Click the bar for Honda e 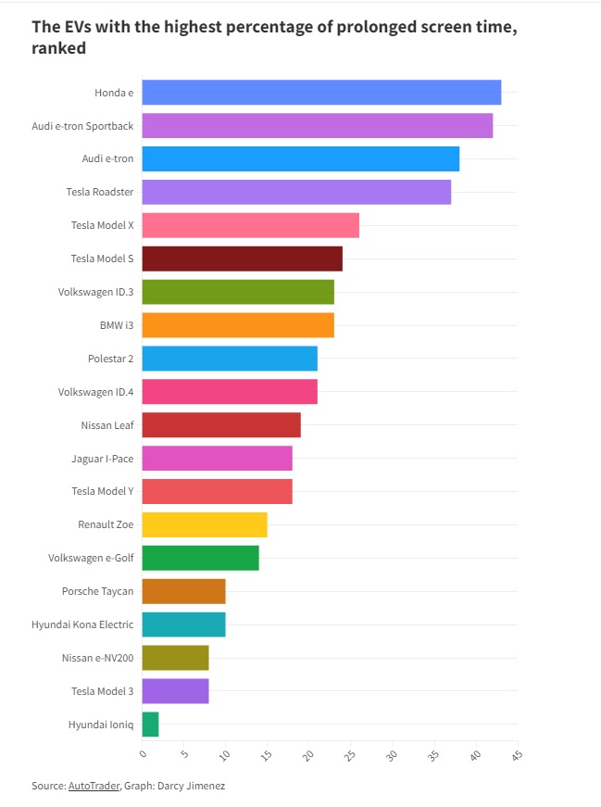[321, 93]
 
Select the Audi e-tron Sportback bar [317, 126]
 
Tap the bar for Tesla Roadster [296, 192]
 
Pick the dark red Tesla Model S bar [242, 258]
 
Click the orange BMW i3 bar [238, 325]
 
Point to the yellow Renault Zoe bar [205, 524]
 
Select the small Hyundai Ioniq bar [151, 725]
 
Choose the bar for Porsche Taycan [183, 591]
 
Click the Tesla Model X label [102, 226]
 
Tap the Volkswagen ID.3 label [95, 293]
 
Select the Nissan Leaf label [106, 425]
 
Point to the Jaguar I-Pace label [102, 459]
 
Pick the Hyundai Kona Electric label [82, 624]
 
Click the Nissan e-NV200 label [96, 658]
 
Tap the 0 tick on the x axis [143, 754]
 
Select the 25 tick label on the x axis [349, 756]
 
